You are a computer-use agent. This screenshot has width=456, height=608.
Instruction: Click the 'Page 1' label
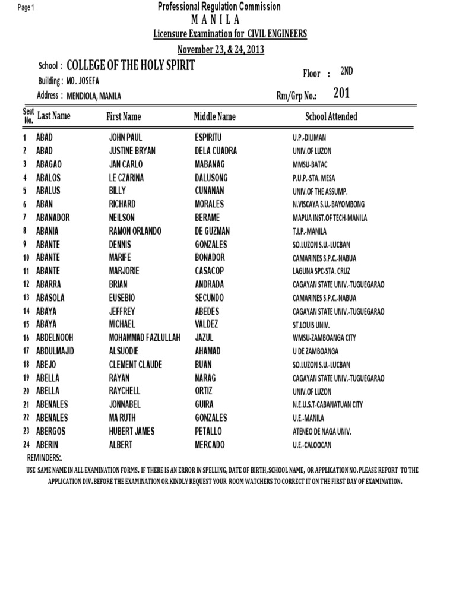point(26,8)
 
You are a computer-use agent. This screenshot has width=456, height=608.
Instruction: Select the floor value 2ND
point(346,72)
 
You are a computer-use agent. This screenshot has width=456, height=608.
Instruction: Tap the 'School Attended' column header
point(331,116)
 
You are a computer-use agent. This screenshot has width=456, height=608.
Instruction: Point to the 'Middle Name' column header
point(214,116)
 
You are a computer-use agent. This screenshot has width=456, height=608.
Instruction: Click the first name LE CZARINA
point(126,178)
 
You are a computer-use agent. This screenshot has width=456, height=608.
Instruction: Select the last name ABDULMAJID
point(55,351)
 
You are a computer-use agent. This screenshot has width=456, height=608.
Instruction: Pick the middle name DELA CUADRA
point(216,151)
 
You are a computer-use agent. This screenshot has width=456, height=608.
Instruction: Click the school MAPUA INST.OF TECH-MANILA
point(330,218)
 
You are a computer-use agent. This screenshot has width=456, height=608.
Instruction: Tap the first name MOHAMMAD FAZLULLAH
point(144,338)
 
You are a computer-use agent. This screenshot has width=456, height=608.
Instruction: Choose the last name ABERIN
point(47,445)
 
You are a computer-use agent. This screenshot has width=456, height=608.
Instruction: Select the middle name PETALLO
point(211,431)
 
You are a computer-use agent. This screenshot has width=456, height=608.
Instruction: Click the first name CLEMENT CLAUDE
point(135,365)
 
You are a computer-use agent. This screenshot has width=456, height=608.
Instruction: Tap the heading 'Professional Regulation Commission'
point(219,7)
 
